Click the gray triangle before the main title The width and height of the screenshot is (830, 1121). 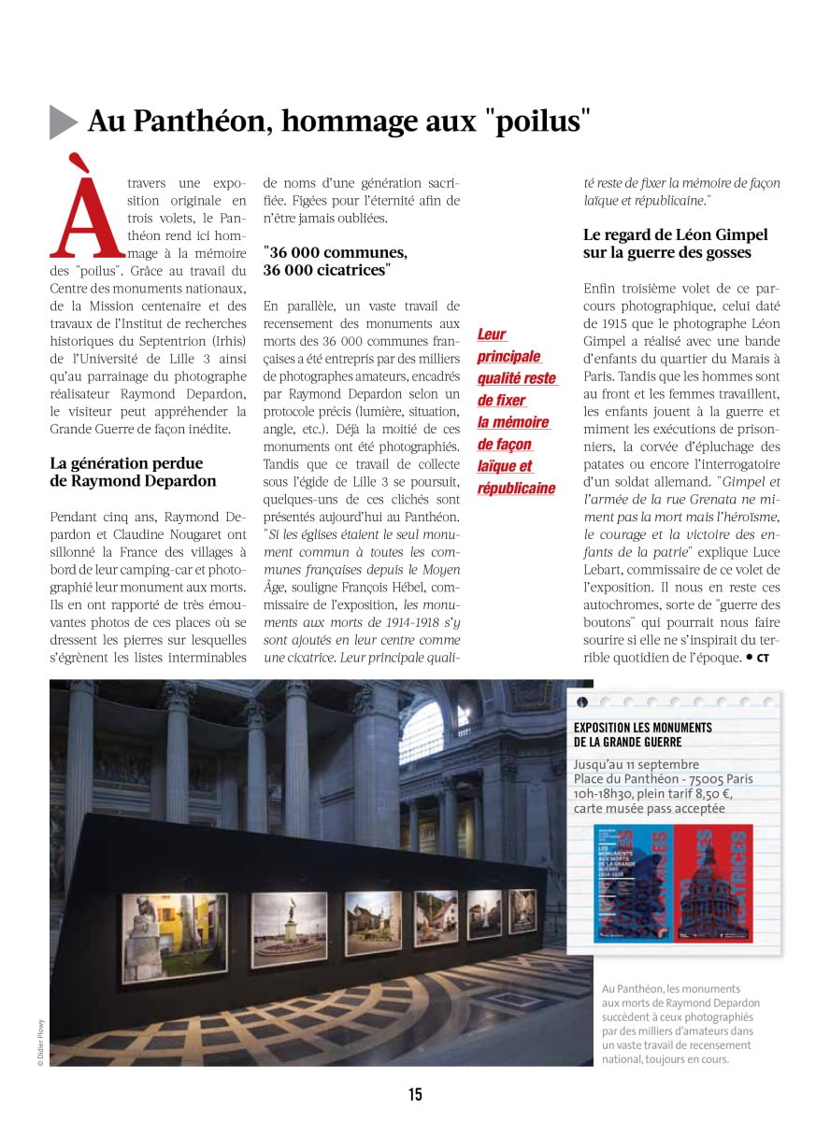coord(62,121)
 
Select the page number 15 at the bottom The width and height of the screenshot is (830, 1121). coord(415,1094)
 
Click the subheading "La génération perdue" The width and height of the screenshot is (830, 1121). coord(126,463)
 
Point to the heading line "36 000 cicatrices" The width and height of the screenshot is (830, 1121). coord(326,270)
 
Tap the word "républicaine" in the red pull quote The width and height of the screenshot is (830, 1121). coord(516,489)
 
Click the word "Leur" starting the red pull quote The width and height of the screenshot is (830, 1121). coord(492,334)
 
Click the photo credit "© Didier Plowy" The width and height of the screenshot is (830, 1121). coord(40,1042)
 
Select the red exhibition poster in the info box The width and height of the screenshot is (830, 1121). coord(713,883)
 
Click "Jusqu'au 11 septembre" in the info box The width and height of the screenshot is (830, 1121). coord(637,764)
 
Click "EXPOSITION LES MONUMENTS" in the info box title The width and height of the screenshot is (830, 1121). coord(643,727)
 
